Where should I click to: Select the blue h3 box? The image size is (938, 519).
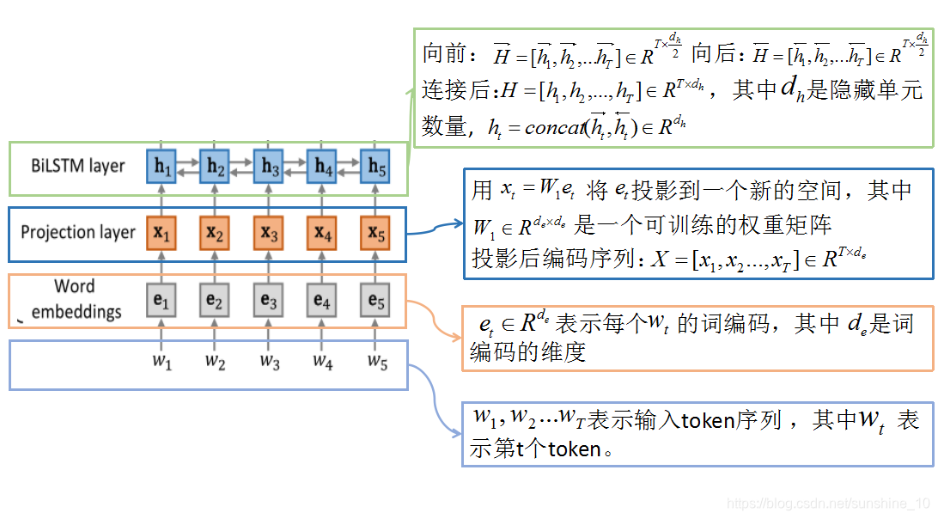(269, 166)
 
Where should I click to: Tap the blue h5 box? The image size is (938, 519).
(375, 166)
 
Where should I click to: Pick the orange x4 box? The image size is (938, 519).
(322, 232)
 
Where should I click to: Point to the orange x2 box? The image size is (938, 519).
(216, 232)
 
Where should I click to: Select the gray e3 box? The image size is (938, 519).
(269, 301)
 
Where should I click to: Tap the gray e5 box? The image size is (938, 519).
(375, 301)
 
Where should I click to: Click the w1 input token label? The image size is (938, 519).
(162, 362)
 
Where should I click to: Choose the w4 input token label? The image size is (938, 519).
(322, 362)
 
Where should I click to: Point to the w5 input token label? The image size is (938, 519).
(377, 362)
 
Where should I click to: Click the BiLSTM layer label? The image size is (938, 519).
(77, 166)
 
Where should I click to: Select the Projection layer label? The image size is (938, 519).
(78, 232)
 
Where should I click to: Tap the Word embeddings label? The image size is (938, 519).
(76, 299)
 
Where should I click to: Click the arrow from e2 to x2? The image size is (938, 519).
(216, 266)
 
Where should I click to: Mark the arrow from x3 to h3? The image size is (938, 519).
(269, 199)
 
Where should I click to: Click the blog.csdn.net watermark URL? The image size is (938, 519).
(828, 503)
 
